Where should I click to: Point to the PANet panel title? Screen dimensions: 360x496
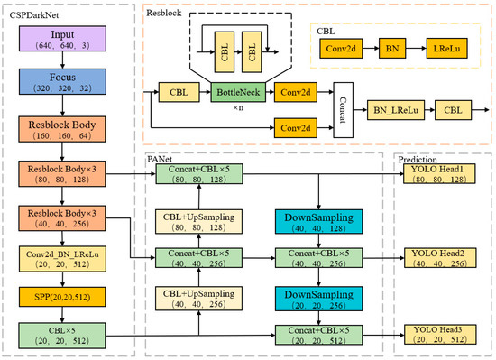(161, 158)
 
